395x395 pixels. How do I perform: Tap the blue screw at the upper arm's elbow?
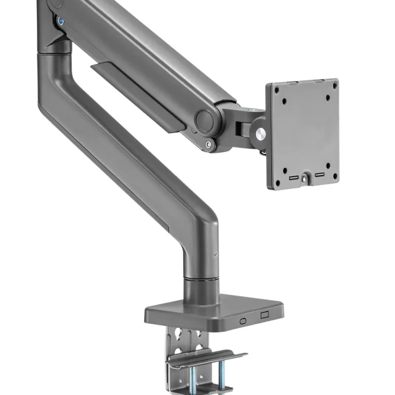61,20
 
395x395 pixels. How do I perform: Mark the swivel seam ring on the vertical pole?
200,280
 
